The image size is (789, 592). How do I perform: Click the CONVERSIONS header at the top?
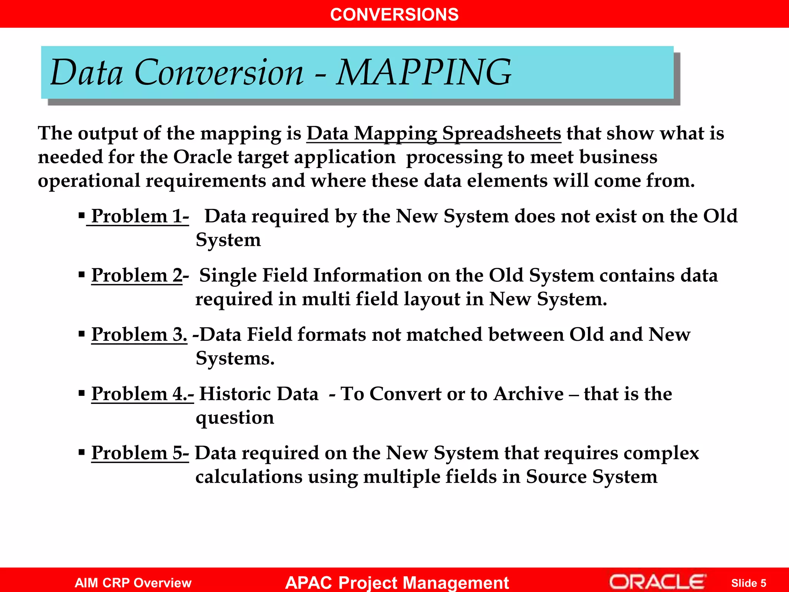[x=394, y=15]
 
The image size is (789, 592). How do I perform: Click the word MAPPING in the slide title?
[x=424, y=72]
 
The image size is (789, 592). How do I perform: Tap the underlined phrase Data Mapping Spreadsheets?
[x=433, y=133]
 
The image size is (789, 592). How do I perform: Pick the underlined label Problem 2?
[x=137, y=276]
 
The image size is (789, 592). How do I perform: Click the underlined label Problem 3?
[x=139, y=335]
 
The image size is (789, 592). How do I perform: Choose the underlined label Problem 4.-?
[x=142, y=394]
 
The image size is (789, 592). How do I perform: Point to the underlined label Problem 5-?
[x=140, y=453]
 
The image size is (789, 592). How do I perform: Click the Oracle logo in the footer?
[x=657, y=582]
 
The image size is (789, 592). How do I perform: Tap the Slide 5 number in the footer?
[x=748, y=583]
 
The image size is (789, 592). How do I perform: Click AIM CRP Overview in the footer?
[x=133, y=583]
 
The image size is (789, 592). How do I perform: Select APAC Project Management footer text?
[x=397, y=582]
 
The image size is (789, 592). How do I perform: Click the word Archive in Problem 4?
[x=529, y=394]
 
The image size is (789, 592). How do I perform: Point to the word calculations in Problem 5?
[x=249, y=477]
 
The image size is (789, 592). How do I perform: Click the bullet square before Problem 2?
[x=81, y=275]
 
